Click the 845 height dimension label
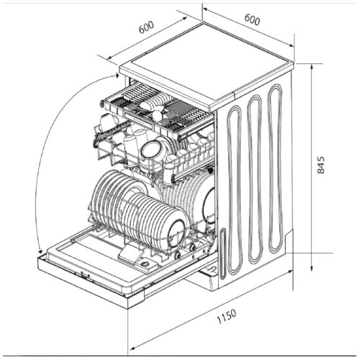click(x=320, y=165)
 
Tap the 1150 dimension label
click(x=227, y=316)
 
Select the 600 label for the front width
click(x=146, y=27)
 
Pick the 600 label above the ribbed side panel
click(x=252, y=19)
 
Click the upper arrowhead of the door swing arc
click(x=117, y=76)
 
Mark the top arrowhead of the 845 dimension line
click(x=312, y=66)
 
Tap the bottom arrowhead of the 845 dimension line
click(x=312, y=268)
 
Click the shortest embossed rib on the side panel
click(x=223, y=253)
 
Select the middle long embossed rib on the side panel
click(x=255, y=179)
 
